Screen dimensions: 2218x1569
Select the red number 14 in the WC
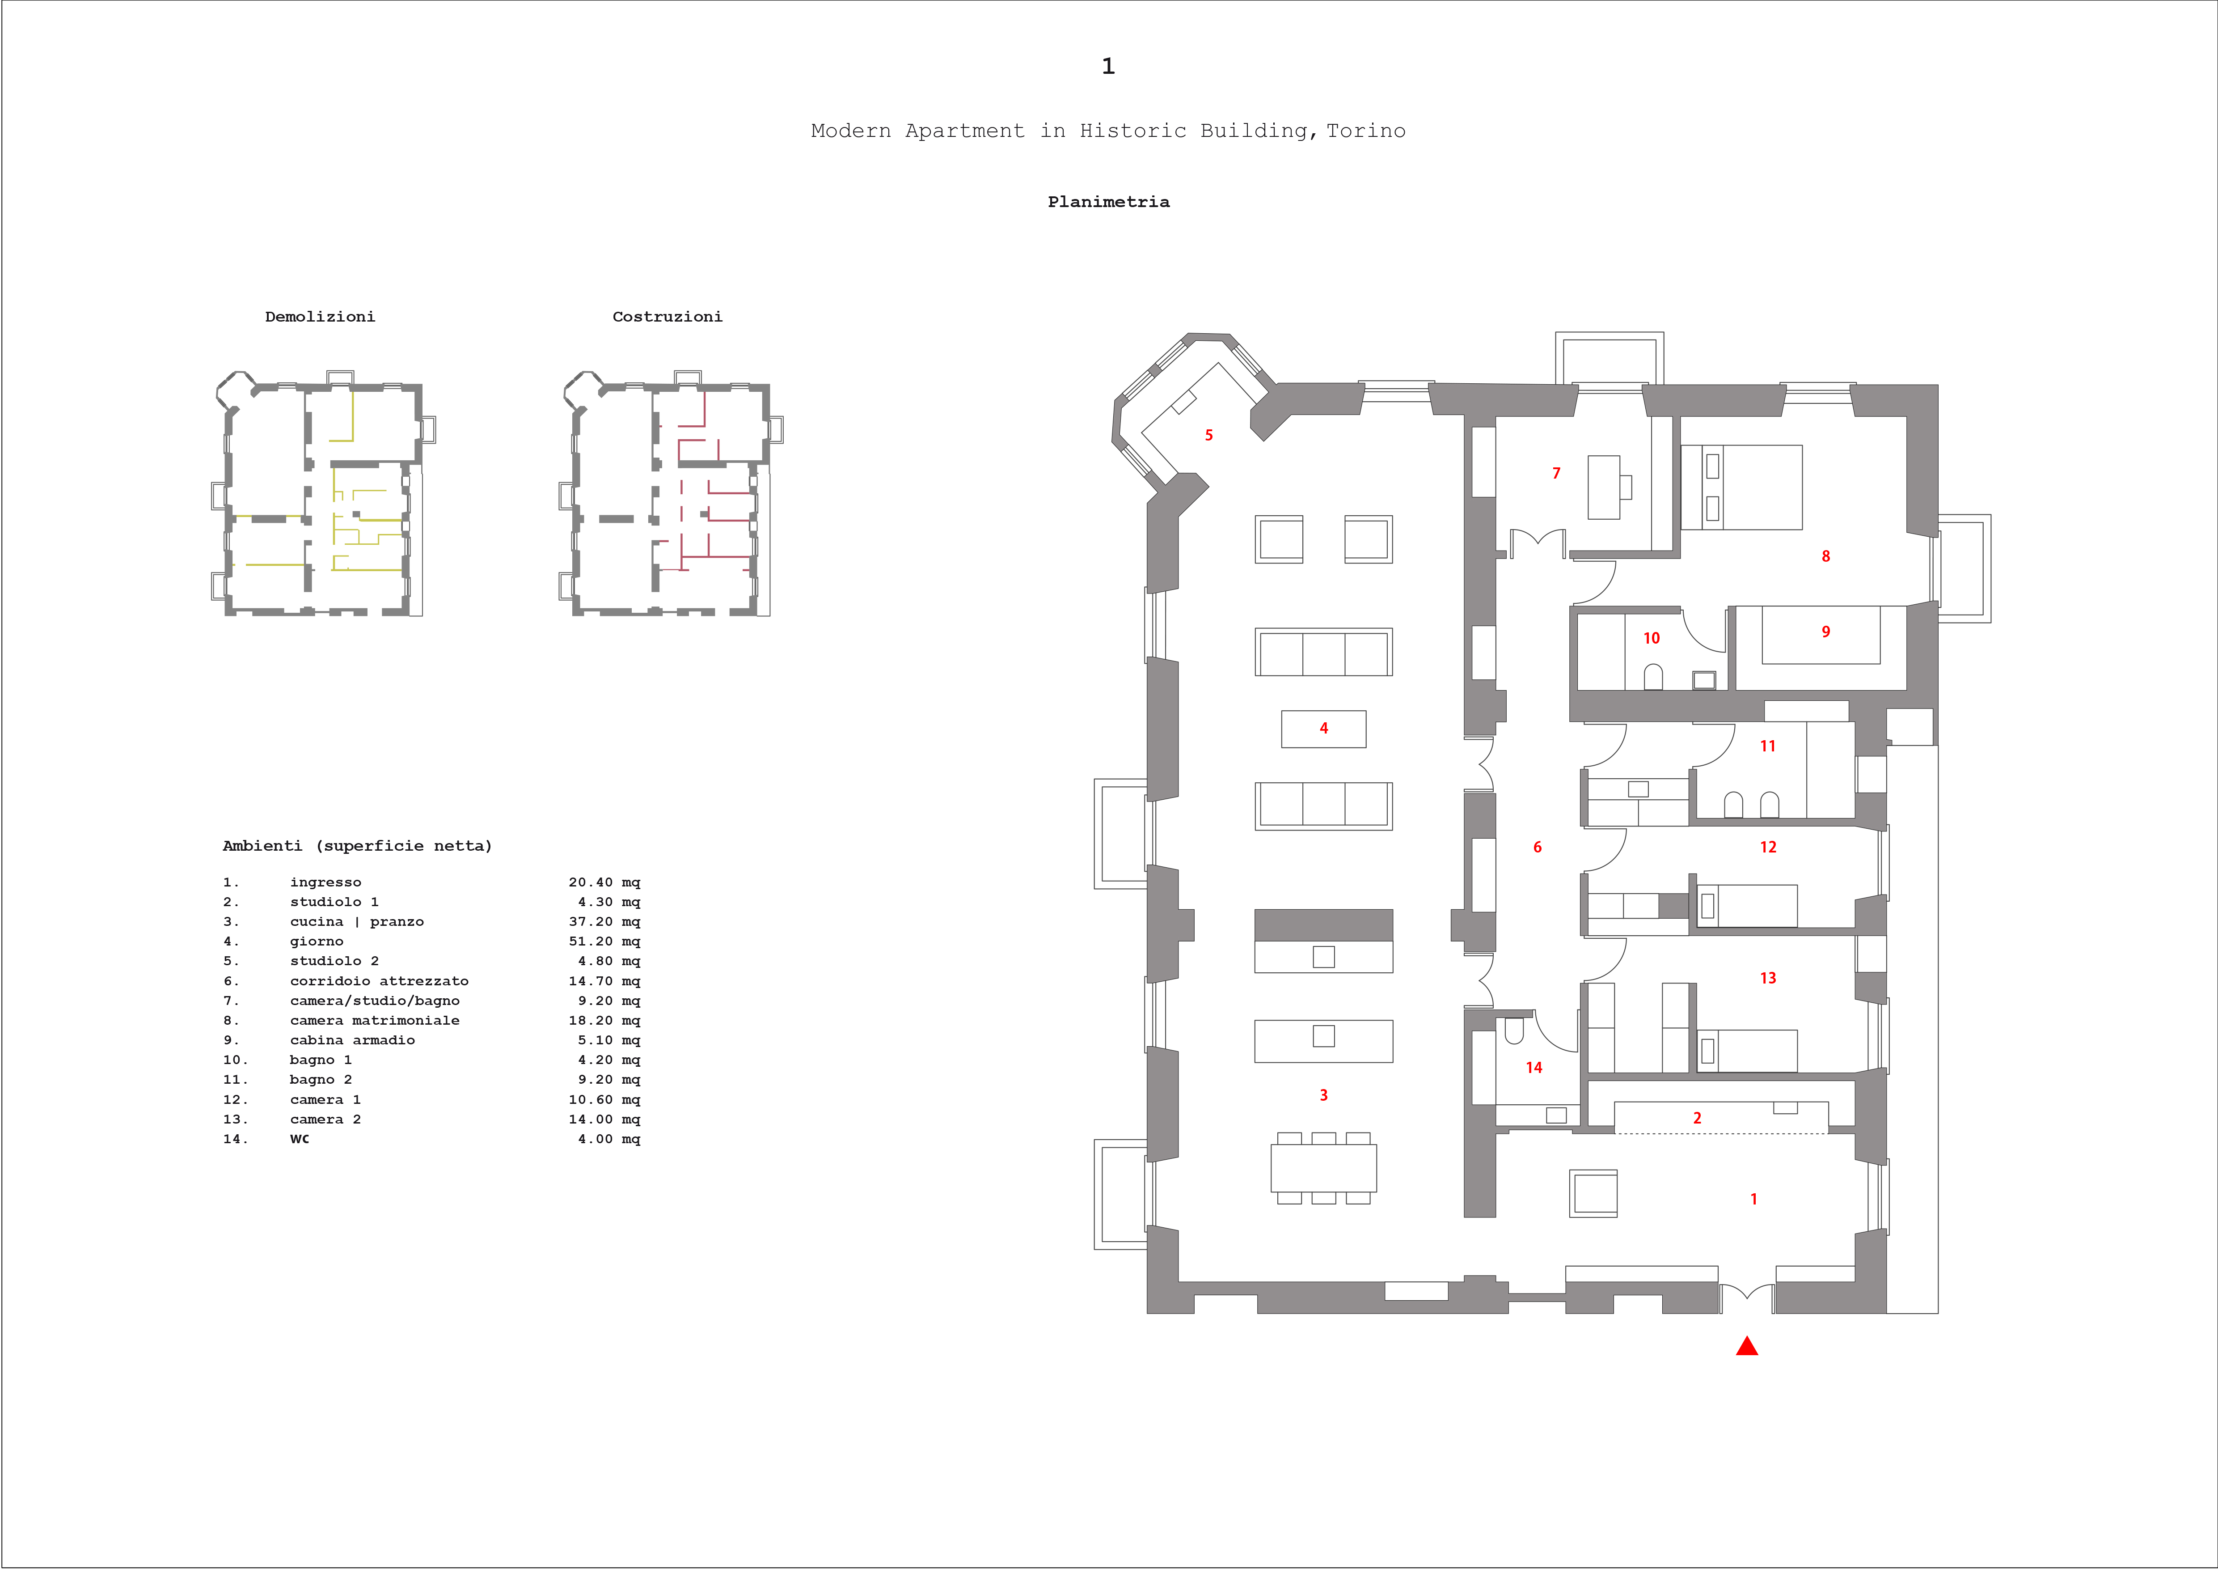[x=1534, y=1068]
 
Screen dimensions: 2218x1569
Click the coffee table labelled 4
[x=1323, y=729]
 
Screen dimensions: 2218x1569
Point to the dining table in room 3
[x=1323, y=1168]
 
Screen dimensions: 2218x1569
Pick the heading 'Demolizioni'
[x=320, y=317]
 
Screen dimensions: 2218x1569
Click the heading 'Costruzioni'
[x=668, y=317]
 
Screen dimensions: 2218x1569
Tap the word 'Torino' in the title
[x=1366, y=131]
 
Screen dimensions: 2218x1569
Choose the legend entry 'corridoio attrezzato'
[x=380, y=980]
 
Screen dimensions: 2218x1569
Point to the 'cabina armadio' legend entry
[x=353, y=1040]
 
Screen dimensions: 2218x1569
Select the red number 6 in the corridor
[x=1538, y=847]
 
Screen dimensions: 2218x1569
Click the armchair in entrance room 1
[x=1593, y=1193]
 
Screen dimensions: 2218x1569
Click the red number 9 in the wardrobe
[x=1826, y=632]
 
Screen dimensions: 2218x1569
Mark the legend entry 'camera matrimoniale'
[x=375, y=1020]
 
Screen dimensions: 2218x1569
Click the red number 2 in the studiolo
[x=1697, y=1118]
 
